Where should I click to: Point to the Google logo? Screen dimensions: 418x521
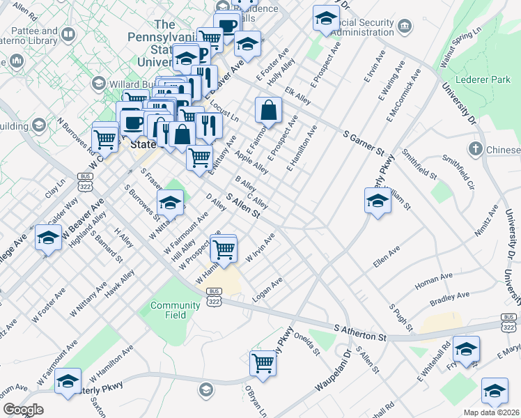click(23, 410)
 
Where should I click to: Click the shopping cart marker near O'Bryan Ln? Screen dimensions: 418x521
click(263, 362)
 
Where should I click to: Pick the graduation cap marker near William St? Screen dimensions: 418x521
click(378, 201)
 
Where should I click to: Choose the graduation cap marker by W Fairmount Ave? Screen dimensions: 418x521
click(169, 203)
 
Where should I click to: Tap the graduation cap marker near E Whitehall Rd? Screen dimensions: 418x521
click(466, 348)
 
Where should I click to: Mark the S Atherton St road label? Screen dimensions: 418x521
click(360, 332)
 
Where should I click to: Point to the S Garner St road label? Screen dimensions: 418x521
click(363, 141)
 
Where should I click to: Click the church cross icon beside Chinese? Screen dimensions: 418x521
click(475, 148)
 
